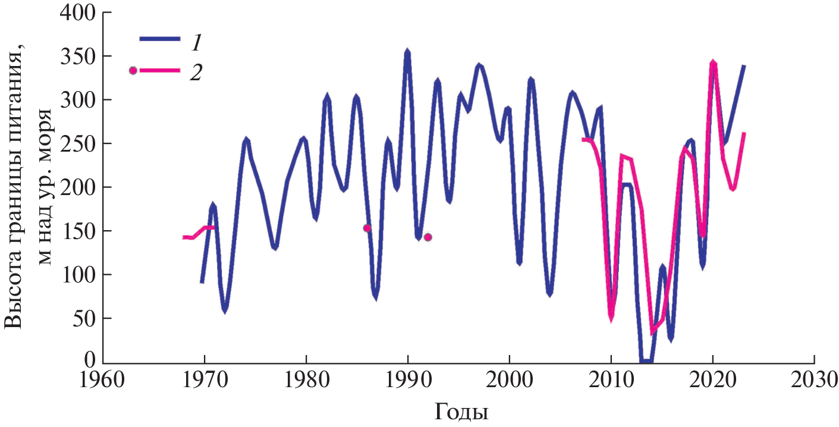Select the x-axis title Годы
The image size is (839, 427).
click(461, 410)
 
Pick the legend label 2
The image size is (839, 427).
click(196, 72)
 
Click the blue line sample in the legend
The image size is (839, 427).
click(159, 38)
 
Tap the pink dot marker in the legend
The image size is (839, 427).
click(133, 70)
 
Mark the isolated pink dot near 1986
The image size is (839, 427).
click(367, 228)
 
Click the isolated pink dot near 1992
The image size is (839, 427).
click(428, 237)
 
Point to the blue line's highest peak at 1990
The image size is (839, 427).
click(407, 52)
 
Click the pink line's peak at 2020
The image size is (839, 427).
click(713, 62)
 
